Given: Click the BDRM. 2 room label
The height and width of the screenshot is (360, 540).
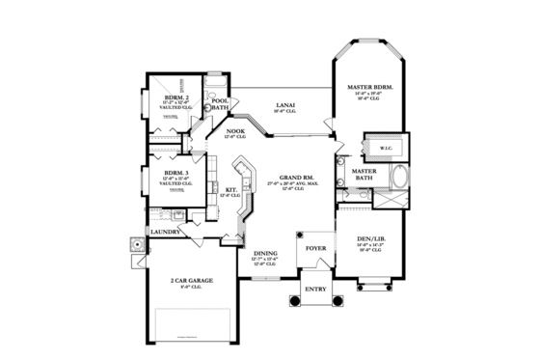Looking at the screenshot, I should click(175, 97).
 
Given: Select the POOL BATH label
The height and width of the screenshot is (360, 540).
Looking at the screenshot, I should click(220, 103).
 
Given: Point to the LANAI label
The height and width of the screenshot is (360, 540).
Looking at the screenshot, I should click(283, 108).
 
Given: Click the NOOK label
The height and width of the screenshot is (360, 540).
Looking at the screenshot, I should click(236, 131).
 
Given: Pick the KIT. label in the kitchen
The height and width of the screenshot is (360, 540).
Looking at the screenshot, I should click(231, 189).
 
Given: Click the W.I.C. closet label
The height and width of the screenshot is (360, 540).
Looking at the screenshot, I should click(386, 148).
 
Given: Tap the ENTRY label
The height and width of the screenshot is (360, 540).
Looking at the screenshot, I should click(315, 289).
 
